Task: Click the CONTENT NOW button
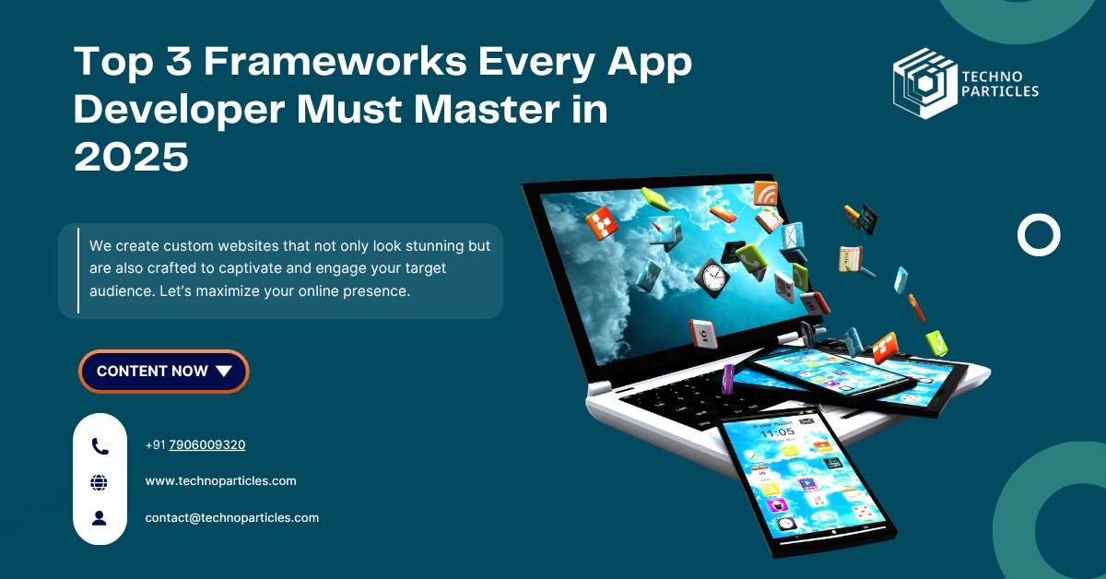(163, 371)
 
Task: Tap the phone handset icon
(100, 446)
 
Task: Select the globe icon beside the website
(100, 482)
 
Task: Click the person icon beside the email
(100, 518)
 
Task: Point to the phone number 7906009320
(206, 444)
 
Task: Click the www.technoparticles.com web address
(220, 480)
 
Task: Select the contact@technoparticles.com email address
(232, 518)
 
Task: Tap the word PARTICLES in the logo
(1000, 91)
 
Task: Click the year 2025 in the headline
(131, 157)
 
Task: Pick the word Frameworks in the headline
(335, 61)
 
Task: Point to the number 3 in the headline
(179, 61)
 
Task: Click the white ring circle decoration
(1020, 235)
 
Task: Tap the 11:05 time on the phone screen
(777, 432)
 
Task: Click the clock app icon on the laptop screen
(712, 278)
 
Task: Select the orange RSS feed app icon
(765, 194)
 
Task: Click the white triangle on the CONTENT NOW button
(224, 371)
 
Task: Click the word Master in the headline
(487, 109)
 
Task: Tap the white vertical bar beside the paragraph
(78, 270)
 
